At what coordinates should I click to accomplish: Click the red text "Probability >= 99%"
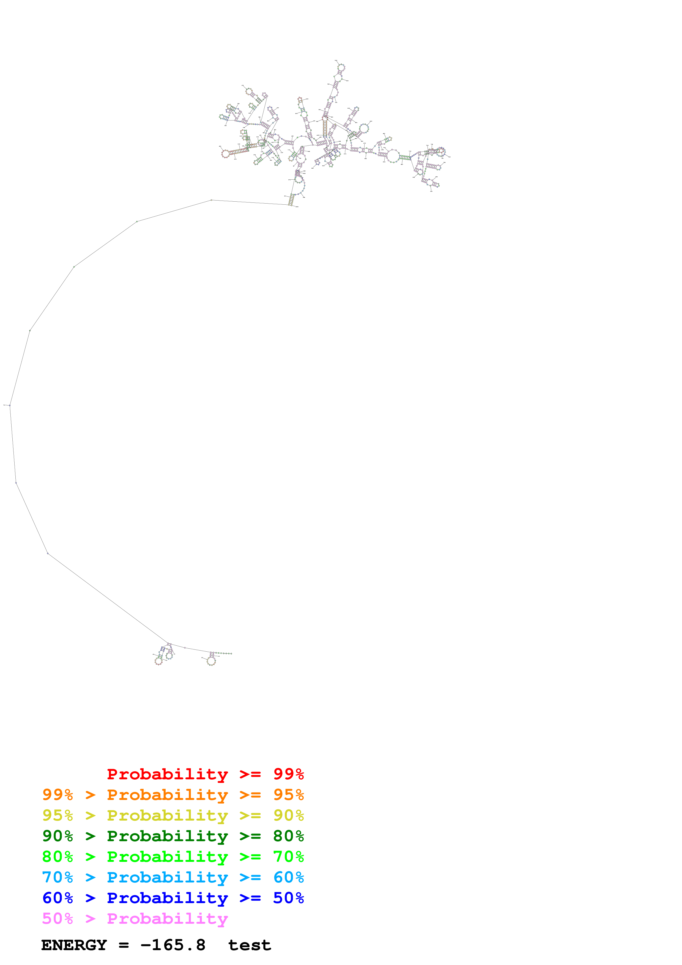[x=205, y=774]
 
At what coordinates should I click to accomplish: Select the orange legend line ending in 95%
[x=173, y=795]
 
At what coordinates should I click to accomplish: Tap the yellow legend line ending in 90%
[x=173, y=815]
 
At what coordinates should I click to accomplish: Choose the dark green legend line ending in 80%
[x=173, y=836]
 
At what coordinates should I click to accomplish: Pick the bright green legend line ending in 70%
[x=173, y=857]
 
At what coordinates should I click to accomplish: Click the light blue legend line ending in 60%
[x=173, y=877]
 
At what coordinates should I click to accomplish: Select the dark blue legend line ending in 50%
[x=173, y=898]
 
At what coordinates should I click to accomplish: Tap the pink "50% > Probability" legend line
[x=135, y=918]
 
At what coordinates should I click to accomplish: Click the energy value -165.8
[x=173, y=945]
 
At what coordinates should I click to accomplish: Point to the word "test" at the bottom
[x=250, y=945]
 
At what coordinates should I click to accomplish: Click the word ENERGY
[x=74, y=945]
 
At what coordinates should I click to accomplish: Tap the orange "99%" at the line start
[x=57, y=795]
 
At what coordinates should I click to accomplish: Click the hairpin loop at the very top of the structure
[x=341, y=67]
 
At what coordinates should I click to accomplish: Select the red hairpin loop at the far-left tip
[x=226, y=154]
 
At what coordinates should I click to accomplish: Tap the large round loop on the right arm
[x=393, y=156]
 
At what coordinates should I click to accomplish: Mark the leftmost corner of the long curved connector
[x=10, y=405]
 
